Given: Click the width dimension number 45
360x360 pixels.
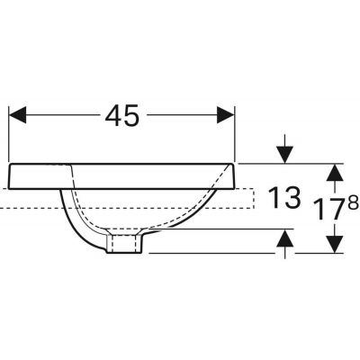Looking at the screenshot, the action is point(122,115).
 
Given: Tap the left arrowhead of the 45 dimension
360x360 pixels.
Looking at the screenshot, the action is point(18,114).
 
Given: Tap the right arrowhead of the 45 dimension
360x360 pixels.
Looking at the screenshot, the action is point(225,114).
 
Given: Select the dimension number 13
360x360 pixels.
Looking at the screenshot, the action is point(283,197).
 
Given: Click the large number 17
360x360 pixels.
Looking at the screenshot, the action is point(327,210).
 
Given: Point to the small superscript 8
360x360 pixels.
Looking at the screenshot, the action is point(354,202).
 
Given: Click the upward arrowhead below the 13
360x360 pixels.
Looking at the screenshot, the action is point(284,238).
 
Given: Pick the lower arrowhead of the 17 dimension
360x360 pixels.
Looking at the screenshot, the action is point(335,244).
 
